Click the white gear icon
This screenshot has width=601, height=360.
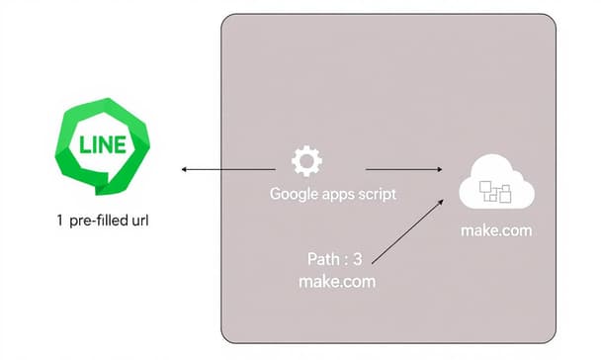tap(306, 160)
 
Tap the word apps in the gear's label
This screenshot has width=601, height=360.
tap(340, 195)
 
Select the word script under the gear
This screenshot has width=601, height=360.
tap(379, 194)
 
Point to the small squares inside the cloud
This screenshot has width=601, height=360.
tap(495, 190)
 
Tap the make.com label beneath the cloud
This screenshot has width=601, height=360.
tap(496, 231)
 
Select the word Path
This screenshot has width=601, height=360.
tap(324, 260)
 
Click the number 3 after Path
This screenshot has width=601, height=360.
tap(357, 260)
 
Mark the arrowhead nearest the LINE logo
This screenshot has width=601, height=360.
tap(185, 170)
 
